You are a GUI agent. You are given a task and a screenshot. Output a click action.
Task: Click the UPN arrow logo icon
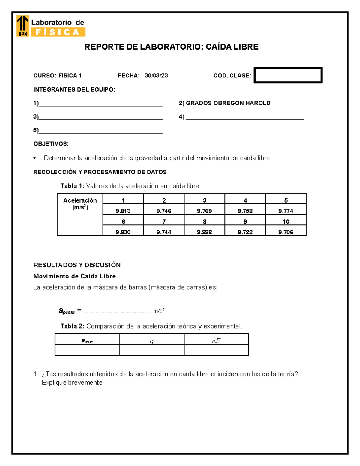[23, 26]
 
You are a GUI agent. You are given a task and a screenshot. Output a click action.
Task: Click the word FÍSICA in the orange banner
[58, 32]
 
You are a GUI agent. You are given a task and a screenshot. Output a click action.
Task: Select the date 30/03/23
[156, 76]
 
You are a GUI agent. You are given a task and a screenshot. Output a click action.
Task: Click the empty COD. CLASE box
[288, 75]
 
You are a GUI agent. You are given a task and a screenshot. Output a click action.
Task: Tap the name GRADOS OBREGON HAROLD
[228, 103]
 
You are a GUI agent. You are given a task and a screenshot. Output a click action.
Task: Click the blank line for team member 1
[100, 104]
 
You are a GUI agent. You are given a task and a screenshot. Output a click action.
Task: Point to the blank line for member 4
[244, 117]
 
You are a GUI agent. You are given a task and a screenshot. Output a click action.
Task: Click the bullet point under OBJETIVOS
[35, 158]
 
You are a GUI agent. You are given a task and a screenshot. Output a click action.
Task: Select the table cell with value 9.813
[123, 211]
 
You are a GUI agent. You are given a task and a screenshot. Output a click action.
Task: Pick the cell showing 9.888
[204, 232]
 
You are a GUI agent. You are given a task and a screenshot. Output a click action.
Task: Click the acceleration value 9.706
[286, 232]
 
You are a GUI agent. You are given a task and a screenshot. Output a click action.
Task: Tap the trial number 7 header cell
[164, 221]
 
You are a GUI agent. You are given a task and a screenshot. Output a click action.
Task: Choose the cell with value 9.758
[245, 211]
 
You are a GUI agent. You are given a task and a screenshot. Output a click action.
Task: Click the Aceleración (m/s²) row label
[80, 204]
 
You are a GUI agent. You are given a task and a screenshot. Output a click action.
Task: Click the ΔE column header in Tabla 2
[216, 341]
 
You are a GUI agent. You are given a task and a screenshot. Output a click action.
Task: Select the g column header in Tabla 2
[152, 341]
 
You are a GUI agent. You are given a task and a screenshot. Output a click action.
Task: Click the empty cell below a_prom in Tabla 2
[87, 350]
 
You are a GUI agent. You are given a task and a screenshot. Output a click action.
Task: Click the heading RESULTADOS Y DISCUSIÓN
[77, 265]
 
